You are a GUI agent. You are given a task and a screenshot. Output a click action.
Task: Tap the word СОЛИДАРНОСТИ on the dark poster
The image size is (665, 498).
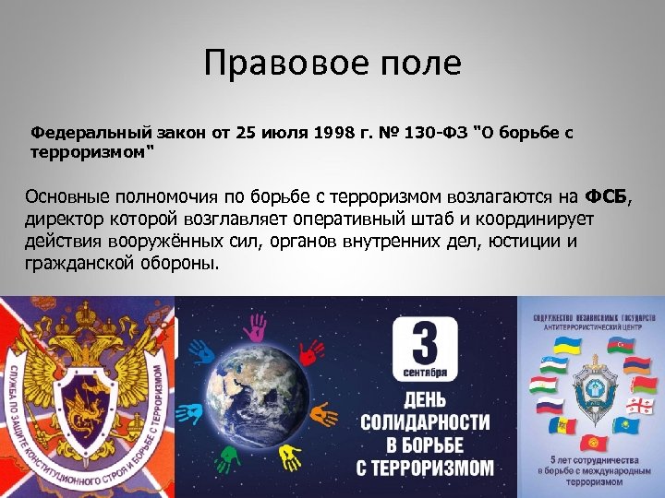(425, 422)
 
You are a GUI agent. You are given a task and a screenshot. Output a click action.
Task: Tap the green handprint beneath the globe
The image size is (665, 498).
(227, 455)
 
